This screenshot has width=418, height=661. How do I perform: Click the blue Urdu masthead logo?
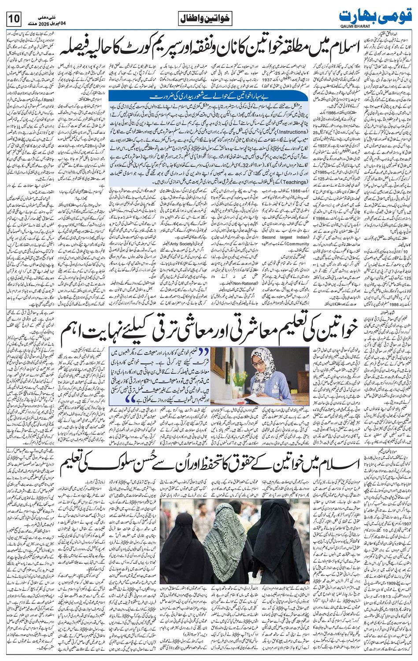coord(376,15)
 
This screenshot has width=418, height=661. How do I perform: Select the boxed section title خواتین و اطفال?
coord(206,19)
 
